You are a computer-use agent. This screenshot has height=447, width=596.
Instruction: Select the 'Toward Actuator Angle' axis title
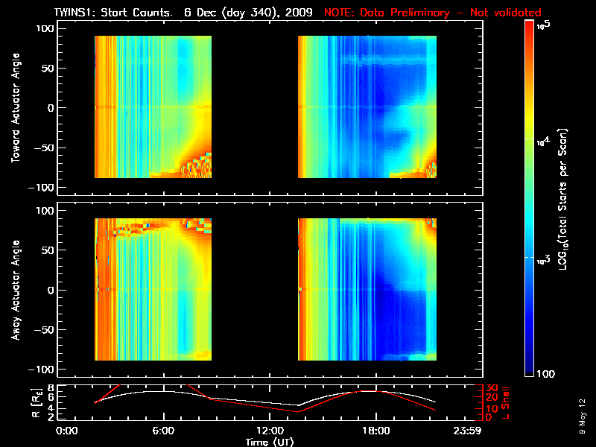point(13,107)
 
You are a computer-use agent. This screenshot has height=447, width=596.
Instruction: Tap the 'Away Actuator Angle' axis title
point(13,290)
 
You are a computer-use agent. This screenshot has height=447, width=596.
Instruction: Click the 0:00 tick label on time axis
point(68,430)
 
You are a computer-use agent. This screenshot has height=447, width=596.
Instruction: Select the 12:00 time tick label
point(269,430)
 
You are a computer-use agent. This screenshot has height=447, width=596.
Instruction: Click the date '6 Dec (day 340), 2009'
point(247,13)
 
